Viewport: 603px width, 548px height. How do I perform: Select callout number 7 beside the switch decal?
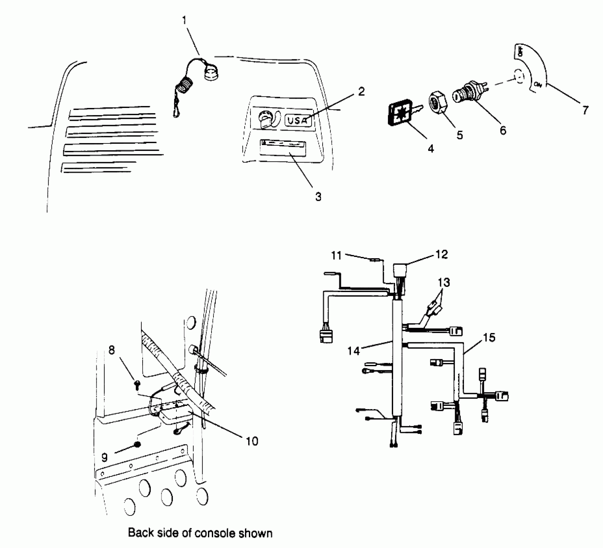585,110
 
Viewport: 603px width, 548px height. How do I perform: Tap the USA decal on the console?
298,120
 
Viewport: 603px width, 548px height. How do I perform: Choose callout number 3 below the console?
318,196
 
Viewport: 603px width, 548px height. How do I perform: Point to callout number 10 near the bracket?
252,441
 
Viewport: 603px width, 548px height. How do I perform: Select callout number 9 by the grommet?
104,457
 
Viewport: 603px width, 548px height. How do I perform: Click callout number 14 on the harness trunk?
353,351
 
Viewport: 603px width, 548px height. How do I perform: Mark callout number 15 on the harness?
489,338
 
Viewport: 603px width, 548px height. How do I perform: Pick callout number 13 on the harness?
444,283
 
